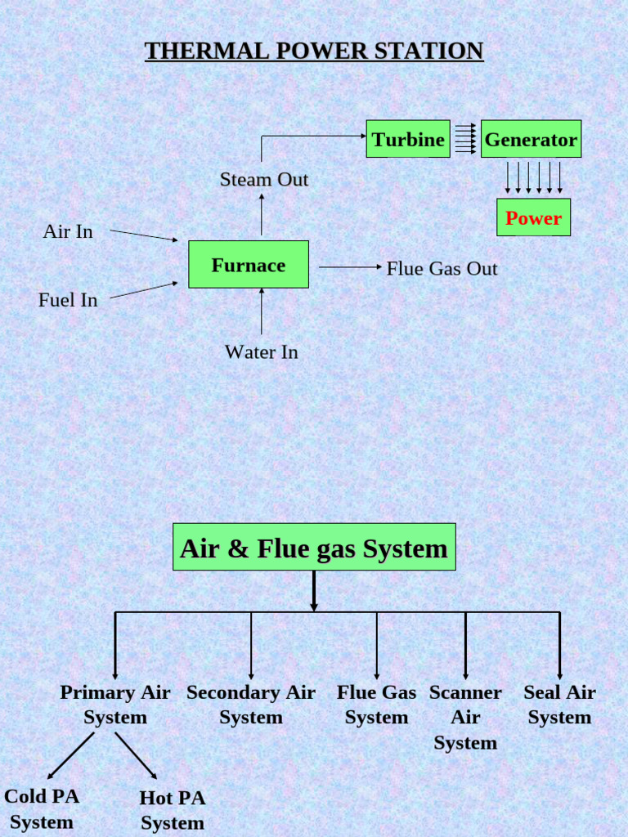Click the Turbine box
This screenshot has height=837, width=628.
pos(408,139)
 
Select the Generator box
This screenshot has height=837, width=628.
pos(531,139)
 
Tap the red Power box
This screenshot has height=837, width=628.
pos(533,217)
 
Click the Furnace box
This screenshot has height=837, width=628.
pos(249,265)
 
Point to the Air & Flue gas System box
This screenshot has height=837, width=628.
pos(314,548)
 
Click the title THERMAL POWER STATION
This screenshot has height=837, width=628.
pos(314,51)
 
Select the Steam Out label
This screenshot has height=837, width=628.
pos(264,180)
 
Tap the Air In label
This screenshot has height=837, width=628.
pos(68,232)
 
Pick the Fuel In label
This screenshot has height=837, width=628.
pos(68,300)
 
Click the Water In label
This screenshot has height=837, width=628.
pos(262,352)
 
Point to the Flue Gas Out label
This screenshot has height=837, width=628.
pos(442,269)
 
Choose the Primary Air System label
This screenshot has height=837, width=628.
pos(115,705)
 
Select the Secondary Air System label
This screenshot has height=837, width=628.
pos(251,705)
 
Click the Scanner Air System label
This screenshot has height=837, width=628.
pos(465,717)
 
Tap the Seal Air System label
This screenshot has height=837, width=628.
pos(559,705)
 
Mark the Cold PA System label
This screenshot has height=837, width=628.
pos(42,808)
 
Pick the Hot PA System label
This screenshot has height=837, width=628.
pos(173,810)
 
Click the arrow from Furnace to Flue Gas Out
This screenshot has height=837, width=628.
pos(350,267)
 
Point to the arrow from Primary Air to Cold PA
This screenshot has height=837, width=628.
pos(71,755)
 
